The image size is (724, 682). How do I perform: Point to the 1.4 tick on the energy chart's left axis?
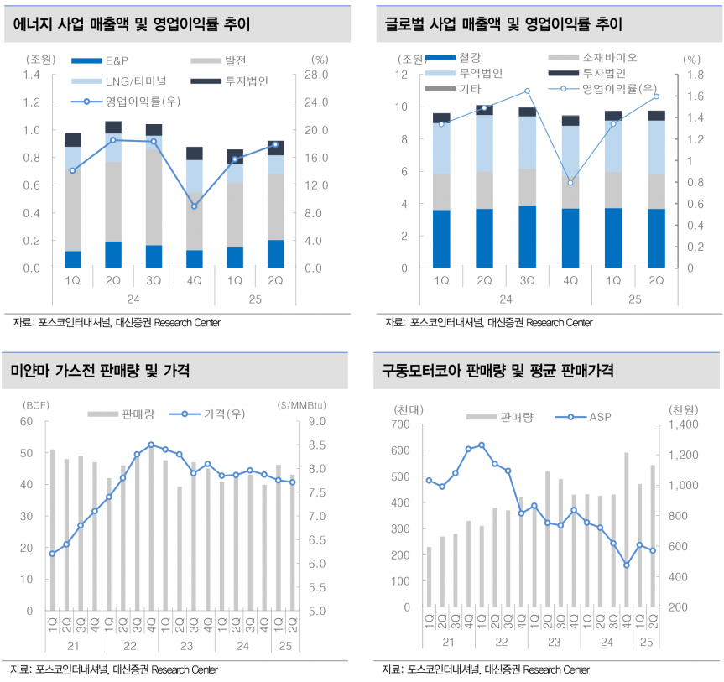coord(32,75)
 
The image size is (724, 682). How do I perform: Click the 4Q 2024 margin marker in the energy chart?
coord(194,206)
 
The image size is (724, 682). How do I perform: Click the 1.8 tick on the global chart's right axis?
coord(691,75)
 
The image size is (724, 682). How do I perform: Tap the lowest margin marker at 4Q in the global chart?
coord(570,183)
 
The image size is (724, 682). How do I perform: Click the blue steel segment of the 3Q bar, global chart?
coord(527,237)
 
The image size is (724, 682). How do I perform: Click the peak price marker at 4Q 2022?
coord(151,445)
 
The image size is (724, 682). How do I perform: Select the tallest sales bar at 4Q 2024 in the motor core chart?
coord(626,528)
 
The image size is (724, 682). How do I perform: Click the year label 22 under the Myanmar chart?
coord(129,646)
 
